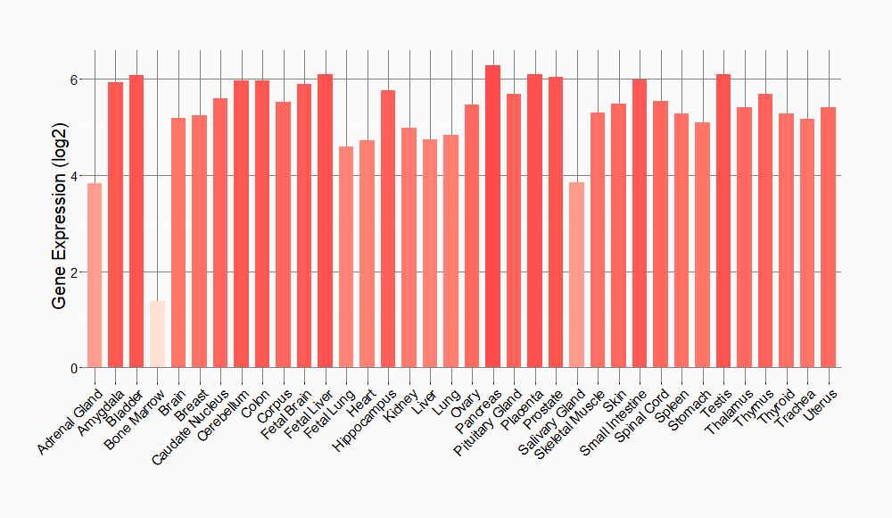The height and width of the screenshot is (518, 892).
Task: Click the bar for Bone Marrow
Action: pyautogui.click(x=157, y=334)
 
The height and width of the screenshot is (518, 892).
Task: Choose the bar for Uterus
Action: pyautogui.click(x=828, y=238)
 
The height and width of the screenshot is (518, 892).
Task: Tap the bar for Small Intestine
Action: pyautogui.click(x=640, y=223)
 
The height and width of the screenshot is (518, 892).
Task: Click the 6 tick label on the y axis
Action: pyautogui.click(x=75, y=79)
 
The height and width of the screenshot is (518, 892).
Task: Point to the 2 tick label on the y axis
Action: pyautogui.click(x=75, y=272)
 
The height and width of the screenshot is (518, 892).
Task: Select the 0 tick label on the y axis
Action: pyautogui.click(x=75, y=368)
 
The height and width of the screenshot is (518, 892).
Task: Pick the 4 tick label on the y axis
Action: pyautogui.click(x=75, y=176)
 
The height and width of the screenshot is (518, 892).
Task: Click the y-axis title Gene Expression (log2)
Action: pyautogui.click(x=59, y=223)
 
